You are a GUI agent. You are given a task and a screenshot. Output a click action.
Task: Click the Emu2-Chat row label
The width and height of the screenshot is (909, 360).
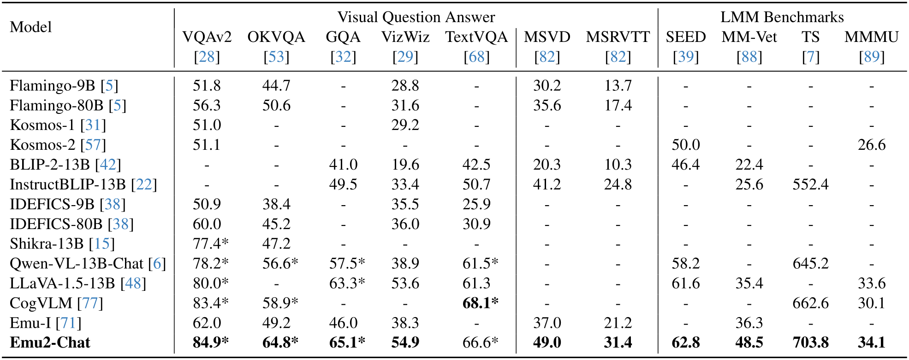pos(50,342)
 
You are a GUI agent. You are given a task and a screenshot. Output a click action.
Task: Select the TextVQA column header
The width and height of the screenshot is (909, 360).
pos(476,37)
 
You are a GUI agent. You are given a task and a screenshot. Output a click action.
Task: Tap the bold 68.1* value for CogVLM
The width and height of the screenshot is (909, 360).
pos(480,303)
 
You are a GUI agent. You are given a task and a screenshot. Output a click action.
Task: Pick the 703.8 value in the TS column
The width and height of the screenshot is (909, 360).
pos(810,342)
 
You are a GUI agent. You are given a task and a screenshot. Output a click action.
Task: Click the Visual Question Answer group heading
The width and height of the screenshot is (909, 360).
pos(416,17)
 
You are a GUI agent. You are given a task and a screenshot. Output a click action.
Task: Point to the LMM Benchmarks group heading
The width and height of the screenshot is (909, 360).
pos(782,17)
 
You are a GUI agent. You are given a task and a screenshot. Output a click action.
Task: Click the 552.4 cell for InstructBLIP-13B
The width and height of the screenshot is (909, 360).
pos(810,184)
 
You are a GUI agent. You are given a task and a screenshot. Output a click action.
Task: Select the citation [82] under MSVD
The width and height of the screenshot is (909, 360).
pos(547,57)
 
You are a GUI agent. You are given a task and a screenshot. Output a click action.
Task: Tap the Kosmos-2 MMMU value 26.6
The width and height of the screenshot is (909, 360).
pos(871,145)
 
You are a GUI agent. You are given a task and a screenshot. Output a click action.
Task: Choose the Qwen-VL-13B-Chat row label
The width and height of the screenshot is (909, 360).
pos(77,263)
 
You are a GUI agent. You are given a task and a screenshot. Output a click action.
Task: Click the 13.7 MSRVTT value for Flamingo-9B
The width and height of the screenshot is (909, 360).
pos(618,85)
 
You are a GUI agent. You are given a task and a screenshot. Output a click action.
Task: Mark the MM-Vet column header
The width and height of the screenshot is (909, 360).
pos(749,37)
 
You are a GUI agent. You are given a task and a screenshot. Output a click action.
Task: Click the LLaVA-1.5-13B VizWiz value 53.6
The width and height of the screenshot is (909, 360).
pos(405,283)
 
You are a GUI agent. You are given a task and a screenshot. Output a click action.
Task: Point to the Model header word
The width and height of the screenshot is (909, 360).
pos(31,27)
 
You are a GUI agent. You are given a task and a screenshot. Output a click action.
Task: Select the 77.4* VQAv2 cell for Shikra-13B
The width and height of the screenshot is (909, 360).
pos(210,243)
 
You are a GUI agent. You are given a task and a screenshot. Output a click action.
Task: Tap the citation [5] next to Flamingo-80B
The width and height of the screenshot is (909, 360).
pos(118,105)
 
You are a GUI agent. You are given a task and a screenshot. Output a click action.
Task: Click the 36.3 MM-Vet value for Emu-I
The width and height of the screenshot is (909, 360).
pos(749,323)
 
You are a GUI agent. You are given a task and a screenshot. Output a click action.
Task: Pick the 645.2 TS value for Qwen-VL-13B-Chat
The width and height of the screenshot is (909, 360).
pos(810,263)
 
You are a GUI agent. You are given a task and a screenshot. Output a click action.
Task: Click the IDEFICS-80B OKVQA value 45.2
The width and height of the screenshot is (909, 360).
pos(276,224)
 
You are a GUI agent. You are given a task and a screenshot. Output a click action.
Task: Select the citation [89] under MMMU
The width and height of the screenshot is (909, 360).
pos(871,57)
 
